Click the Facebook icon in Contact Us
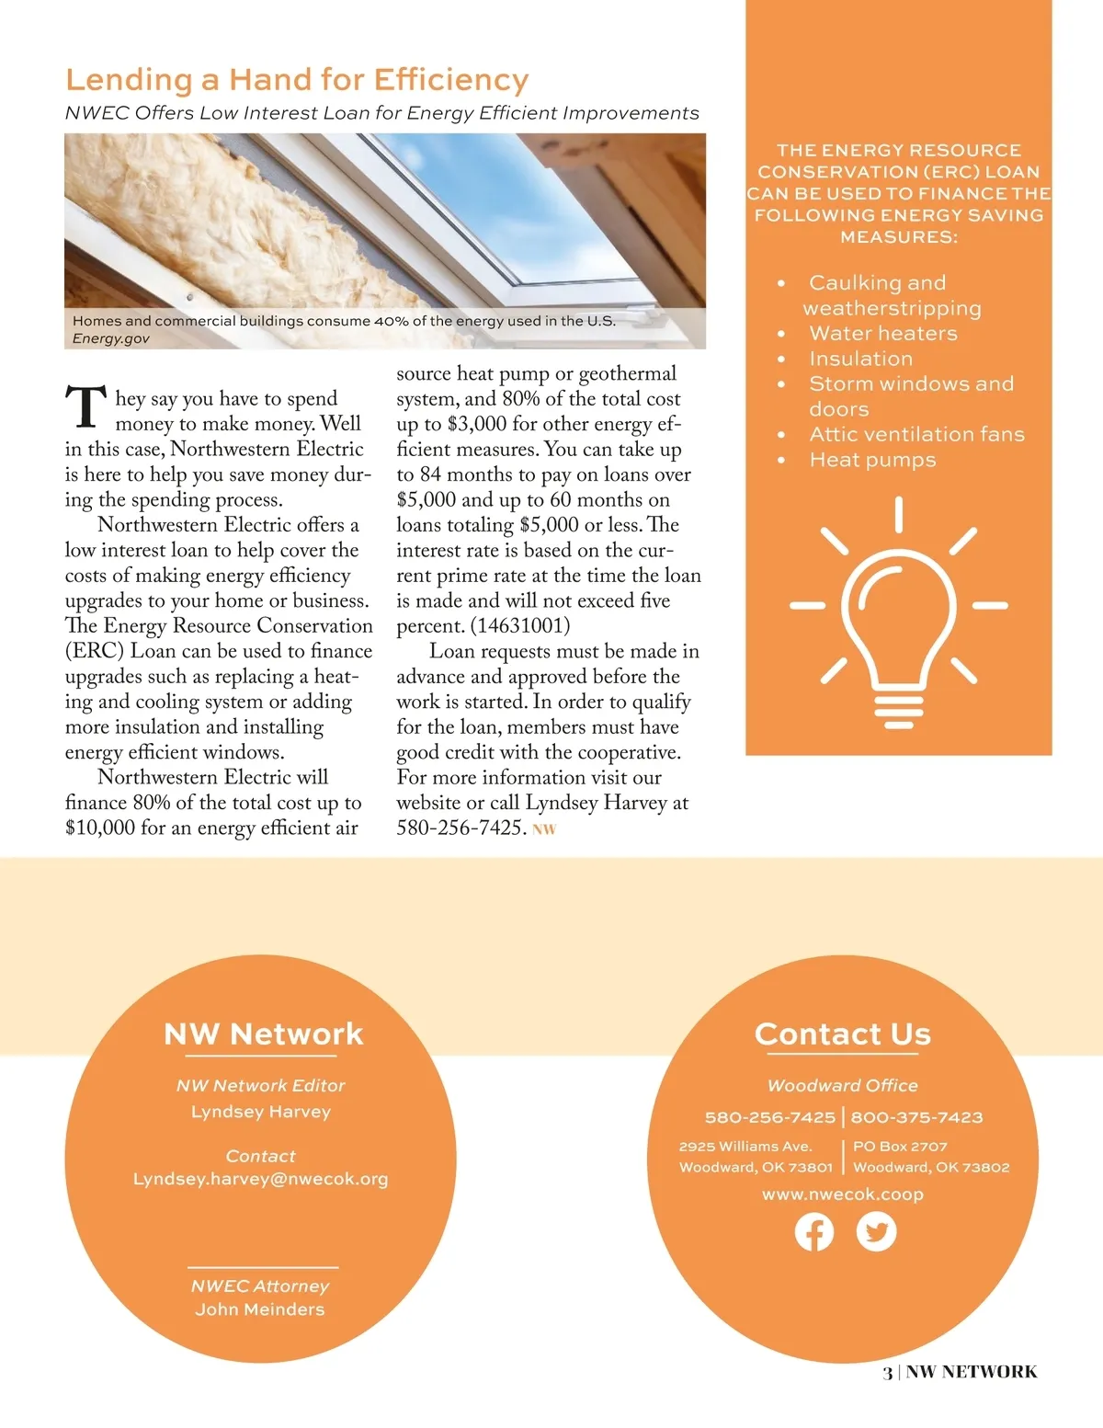pyautogui.click(x=814, y=1232)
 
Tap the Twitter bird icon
pyautogui.click(x=876, y=1232)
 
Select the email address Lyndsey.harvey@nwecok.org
pyautogui.click(x=260, y=1179)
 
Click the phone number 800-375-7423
pyautogui.click(x=916, y=1117)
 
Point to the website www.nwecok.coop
pyautogui.click(x=843, y=1194)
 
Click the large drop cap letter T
pyautogui.click(x=85, y=408)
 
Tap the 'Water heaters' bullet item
pyautogui.click(x=882, y=334)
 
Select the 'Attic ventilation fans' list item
pyautogui.click(x=916, y=434)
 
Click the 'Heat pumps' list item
pyautogui.click(x=872, y=460)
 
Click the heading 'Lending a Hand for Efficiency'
pyautogui.click(x=297, y=80)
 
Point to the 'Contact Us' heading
pyautogui.click(x=843, y=1034)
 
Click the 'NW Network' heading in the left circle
pyautogui.click(x=264, y=1034)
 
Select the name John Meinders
pyautogui.click(x=260, y=1309)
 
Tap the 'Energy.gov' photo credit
pyautogui.click(x=111, y=338)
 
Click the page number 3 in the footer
pyautogui.click(x=887, y=1373)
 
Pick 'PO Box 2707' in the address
pyautogui.click(x=900, y=1147)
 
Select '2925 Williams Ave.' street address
pyautogui.click(x=745, y=1147)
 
